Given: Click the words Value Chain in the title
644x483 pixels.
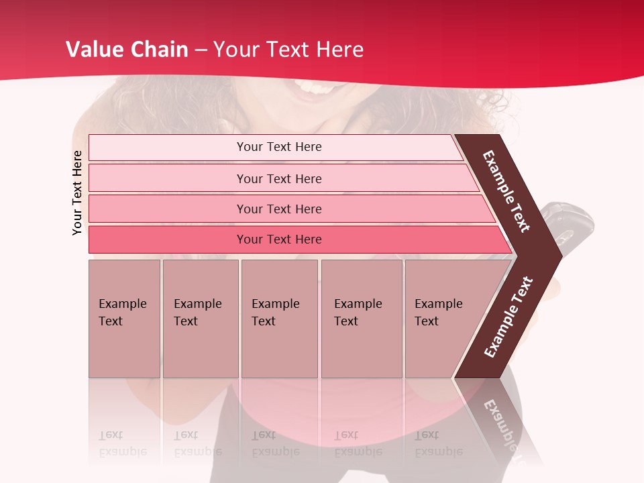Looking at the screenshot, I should [127, 50].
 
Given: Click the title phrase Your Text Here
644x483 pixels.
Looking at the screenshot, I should [288, 50].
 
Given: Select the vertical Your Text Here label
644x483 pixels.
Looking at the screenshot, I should [77, 193].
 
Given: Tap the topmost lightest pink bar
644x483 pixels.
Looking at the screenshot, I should [278, 147].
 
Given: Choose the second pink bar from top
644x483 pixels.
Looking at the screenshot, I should [278, 178].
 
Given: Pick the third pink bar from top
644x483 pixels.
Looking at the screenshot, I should [278, 209].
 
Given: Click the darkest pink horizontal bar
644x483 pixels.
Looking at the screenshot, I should [278, 239].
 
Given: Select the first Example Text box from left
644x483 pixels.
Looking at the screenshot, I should [124, 319].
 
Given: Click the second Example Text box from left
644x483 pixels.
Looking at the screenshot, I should [200, 319].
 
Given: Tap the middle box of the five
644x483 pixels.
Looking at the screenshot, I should [279, 319].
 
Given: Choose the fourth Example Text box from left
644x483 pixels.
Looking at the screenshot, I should [362, 319].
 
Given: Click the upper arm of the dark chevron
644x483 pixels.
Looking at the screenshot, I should [506, 191].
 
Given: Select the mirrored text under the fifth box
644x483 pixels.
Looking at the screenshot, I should [439, 444].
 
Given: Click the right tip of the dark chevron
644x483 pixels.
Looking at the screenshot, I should [561, 256].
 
